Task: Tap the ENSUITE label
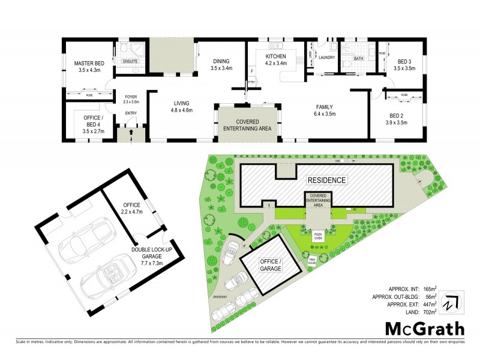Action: (130, 61)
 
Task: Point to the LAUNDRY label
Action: (326, 58)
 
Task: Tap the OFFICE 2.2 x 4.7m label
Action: (131, 208)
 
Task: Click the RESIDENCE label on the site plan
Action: (326, 180)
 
